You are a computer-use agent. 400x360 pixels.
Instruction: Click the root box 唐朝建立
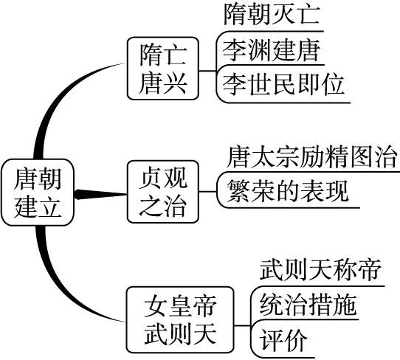(x=38, y=193)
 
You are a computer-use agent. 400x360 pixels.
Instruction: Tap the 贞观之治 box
(x=165, y=191)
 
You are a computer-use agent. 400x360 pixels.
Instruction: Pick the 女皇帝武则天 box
(x=182, y=319)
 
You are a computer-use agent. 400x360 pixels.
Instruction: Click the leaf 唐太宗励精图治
(x=313, y=157)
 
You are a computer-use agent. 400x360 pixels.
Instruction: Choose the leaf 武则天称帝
(x=321, y=271)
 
